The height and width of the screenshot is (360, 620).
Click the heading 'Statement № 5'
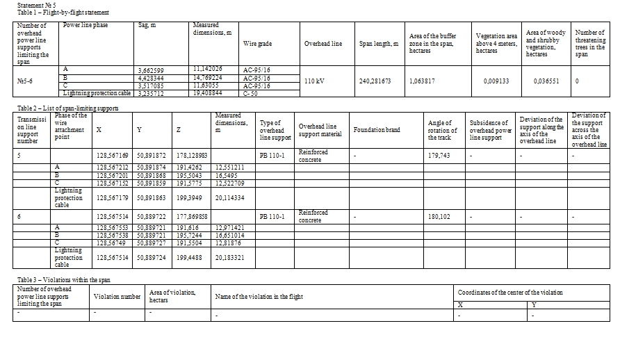(x=36, y=5)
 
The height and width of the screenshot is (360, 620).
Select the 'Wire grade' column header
(x=257, y=43)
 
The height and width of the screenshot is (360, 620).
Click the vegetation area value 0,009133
(x=496, y=81)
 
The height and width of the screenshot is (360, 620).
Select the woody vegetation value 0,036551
(x=546, y=81)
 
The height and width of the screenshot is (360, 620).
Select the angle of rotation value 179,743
(x=439, y=155)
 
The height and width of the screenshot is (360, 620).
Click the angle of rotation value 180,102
(x=439, y=216)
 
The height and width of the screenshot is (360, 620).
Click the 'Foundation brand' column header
(x=376, y=130)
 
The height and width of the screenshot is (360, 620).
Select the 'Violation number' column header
(x=117, y=296)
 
